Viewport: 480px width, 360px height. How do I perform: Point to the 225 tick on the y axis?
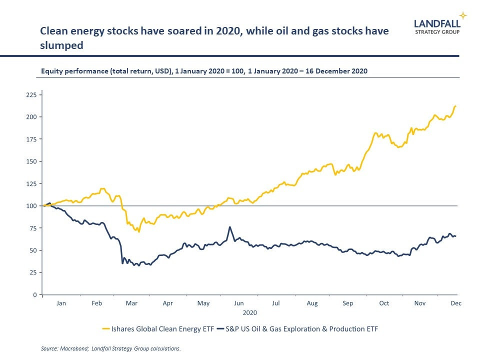coord(31,94)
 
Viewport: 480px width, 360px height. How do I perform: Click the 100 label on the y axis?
coord(31,205)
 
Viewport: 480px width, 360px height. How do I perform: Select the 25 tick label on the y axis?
coord(33,272)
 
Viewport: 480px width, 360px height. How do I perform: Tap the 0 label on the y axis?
coord(34,294)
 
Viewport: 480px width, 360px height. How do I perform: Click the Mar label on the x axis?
coord(132,303)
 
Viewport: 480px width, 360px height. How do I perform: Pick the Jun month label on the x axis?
coord(239,303)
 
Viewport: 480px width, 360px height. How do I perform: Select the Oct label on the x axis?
coord(384,303)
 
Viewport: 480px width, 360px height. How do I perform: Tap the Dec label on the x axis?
coord(455,303)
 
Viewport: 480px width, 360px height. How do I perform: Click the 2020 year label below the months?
coord(249,312)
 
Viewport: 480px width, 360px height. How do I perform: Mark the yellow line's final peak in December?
coord(455,106)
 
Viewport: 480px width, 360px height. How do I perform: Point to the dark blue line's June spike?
coord(229,227)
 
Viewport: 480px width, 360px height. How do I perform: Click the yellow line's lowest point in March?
coord(139,232)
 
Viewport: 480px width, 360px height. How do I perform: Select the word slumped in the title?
coord(61,45)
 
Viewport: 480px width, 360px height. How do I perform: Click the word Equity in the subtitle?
coord(52,71)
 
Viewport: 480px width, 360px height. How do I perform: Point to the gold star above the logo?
coord(463,15)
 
